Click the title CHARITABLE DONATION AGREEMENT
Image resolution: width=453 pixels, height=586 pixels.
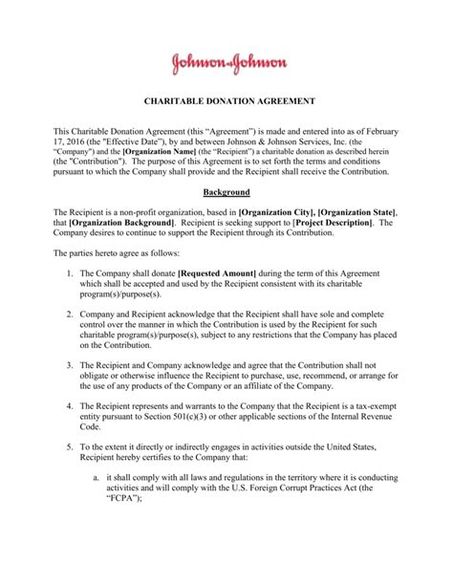(x=226, y=100)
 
